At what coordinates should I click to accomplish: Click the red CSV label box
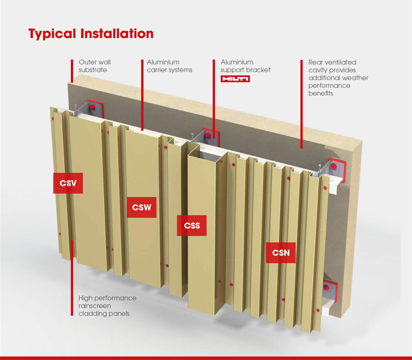[68, 183]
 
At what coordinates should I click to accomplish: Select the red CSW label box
[141, 207]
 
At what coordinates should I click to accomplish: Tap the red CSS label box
[192, 225]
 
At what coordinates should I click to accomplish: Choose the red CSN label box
[281, 253]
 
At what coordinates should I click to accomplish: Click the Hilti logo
[235, 79]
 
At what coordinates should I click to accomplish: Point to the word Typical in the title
[52, 34]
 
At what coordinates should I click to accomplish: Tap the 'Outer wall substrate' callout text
[95, 66]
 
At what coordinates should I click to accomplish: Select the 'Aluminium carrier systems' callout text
[169, 66]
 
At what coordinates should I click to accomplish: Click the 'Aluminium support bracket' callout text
[245, 66]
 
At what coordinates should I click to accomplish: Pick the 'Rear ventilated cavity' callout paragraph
[338, 78]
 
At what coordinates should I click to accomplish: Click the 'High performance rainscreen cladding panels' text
[107, 305]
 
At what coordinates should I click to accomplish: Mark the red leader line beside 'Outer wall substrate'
[72, 71]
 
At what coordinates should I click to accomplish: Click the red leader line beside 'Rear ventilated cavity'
[301, 104]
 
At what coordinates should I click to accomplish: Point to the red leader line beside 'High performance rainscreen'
[72, 278]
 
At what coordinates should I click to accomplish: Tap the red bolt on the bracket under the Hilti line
[208, 136]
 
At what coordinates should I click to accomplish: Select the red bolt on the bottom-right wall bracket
[326, 287]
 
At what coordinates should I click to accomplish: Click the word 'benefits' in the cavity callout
[321, 93]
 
